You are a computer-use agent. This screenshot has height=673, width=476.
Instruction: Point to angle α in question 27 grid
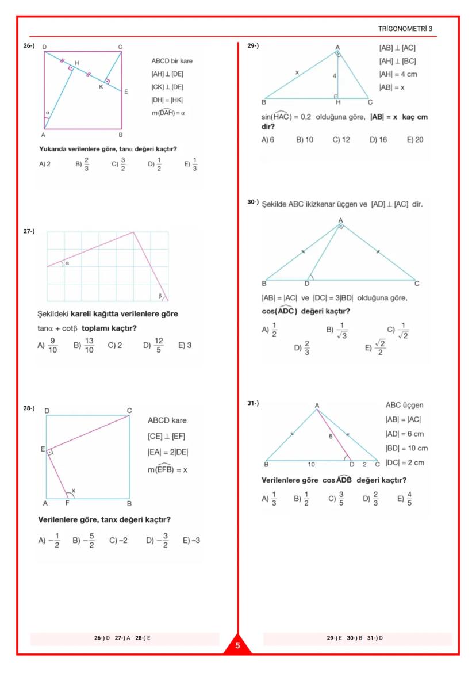click(67, 263)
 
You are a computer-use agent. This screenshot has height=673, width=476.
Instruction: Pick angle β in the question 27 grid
click(160, 296)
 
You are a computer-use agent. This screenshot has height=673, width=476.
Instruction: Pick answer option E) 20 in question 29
click(414, 139)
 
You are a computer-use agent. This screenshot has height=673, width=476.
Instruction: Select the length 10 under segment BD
click(310, 463)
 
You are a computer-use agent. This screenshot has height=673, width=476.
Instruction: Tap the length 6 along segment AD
click(331, 437)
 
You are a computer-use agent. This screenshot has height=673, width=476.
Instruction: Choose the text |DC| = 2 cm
click(405, 462)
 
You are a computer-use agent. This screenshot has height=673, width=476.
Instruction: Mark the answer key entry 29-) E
click(335, 638)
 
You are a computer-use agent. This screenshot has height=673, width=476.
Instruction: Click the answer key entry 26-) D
click(102, 638)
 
